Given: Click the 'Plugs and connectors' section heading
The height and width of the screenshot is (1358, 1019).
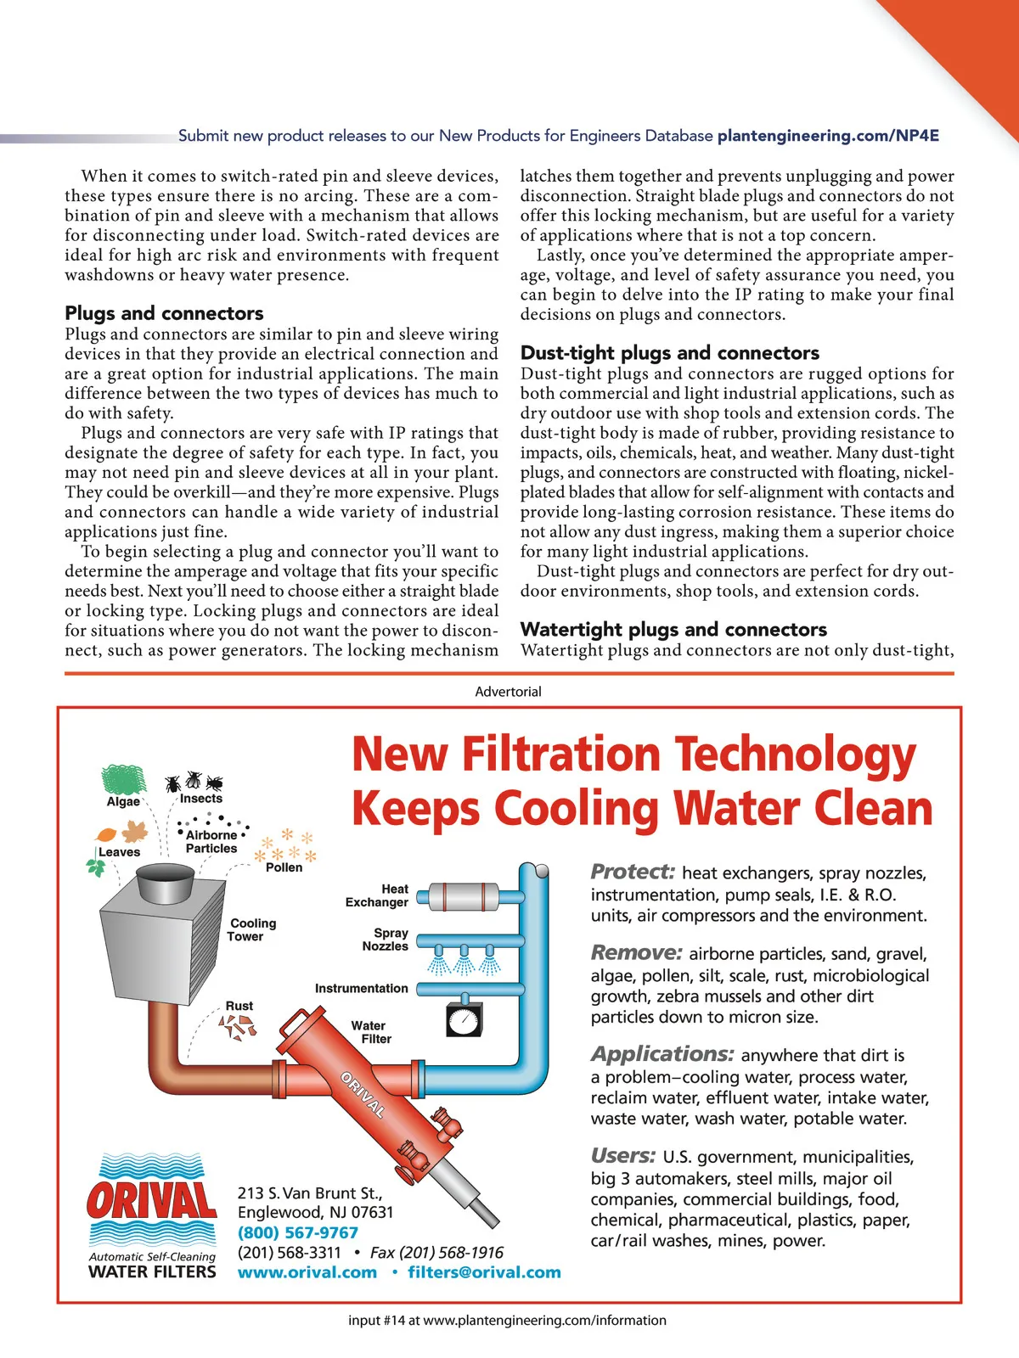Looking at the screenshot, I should pyautogui.click(x=164, y=313).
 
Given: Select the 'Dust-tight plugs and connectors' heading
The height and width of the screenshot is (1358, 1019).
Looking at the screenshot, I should pyautogui.click(x=670, y=353).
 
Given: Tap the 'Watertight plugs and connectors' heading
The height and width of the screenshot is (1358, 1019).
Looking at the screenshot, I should pyautogui.click(x=673, y=629).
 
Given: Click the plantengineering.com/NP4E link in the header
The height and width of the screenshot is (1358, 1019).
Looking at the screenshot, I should pyautogui.click(x=828, y=136).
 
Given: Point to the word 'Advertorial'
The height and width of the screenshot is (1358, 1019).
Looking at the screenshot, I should pyautogui.click(x=508, y=692).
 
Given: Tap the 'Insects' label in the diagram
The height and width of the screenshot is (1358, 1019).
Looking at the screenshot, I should pyautogui.click(x=201, y=799).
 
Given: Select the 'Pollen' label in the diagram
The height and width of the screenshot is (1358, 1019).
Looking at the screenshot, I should pyautogui.click(x=284, y=867).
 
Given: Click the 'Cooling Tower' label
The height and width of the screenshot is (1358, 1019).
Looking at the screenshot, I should pyautogui.click(x=252, y=929).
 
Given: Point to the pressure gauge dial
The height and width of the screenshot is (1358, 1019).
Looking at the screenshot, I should pyautogui.click(x=464, y=1020).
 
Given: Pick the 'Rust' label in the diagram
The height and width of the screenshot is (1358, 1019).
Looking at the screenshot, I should pyautogui.click(x=239, y=1006).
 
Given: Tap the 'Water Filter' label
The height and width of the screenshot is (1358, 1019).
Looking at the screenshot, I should pyautogui.click(x=370, y=1032).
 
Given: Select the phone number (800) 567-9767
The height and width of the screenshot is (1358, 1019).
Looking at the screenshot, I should pyautogui.click(x=298, y=1232).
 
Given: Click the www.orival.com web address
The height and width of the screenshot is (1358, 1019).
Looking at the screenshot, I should pyautogui.click(x=307, y=1272).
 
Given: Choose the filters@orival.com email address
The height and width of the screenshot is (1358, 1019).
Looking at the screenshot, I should pyautogui.click(x=484, y=1272).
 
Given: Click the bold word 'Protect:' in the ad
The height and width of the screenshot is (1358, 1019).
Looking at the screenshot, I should pyautogui.click(x=633, y=872).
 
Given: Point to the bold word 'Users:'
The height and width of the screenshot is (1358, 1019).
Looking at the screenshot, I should pyautogui.click(x=623, y=1155).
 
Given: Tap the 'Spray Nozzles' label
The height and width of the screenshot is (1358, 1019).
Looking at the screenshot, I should pyautogui.click(x=386, y=939).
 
